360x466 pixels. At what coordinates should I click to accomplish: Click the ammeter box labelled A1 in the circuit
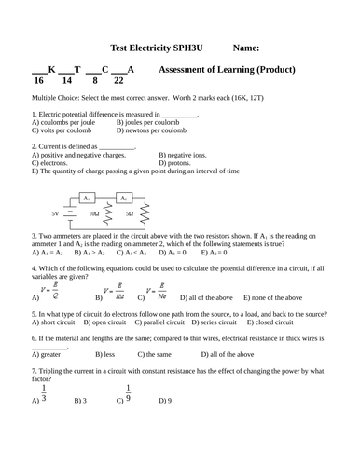pyautogui.click(x=86, y=199)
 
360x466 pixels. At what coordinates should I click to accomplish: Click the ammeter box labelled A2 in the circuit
pyautogui.click(x=124, y=199)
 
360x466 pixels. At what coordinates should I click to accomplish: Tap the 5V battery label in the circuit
pyautogui.click(x=56, y=213)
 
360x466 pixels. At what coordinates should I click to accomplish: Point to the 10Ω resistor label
pyautogui.click(x=93, y=213)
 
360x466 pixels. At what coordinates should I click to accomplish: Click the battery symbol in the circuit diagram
pyautogui.click(x=68, y=213)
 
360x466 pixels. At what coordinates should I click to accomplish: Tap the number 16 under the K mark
pyautogui.click(x=37, y=81)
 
